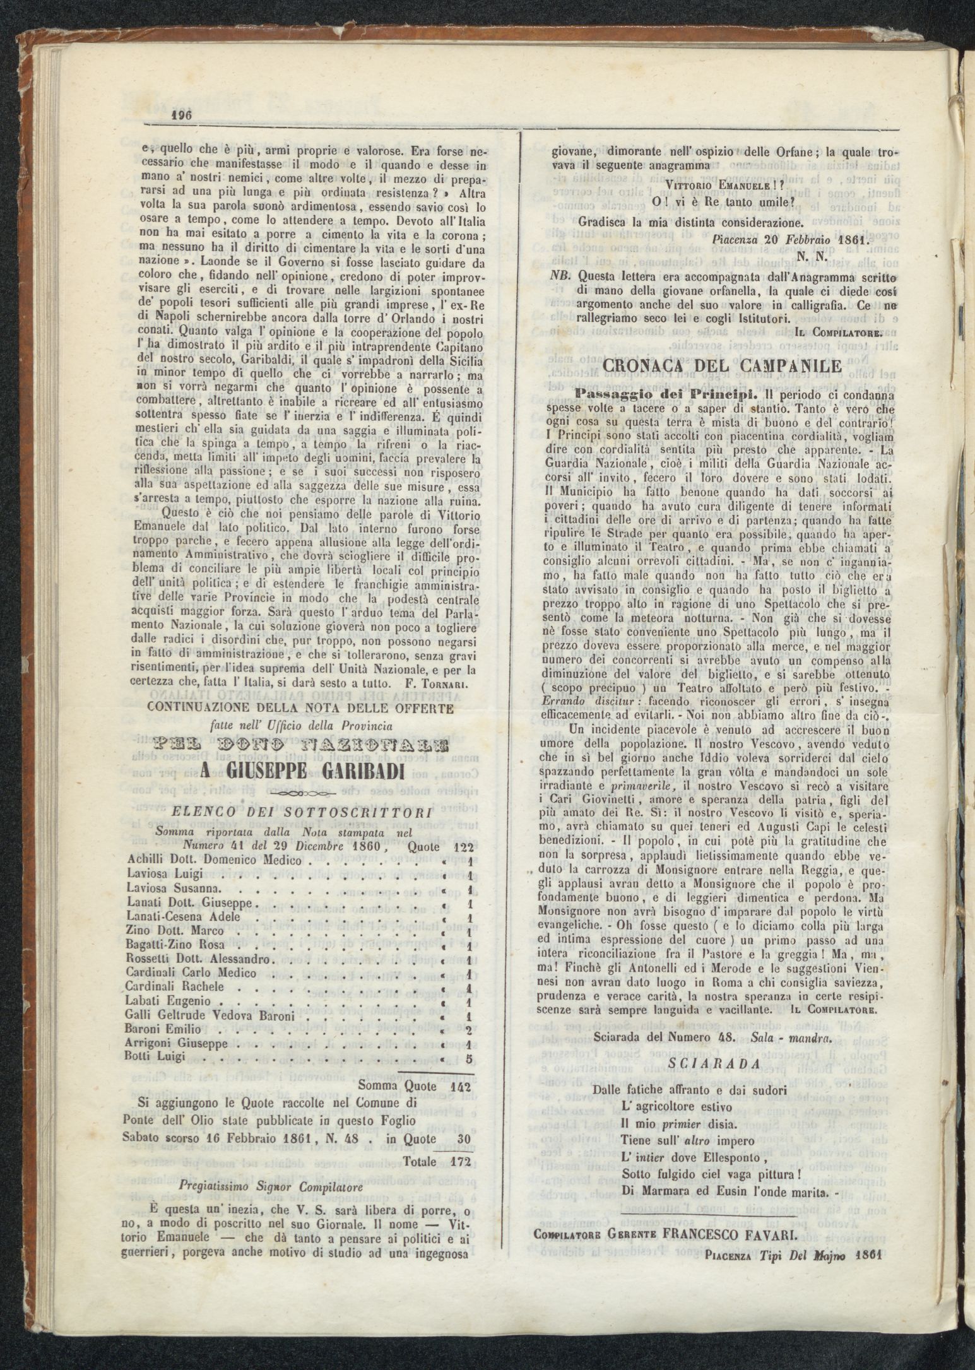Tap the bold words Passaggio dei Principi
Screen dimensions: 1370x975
click(x=641, y=391)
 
